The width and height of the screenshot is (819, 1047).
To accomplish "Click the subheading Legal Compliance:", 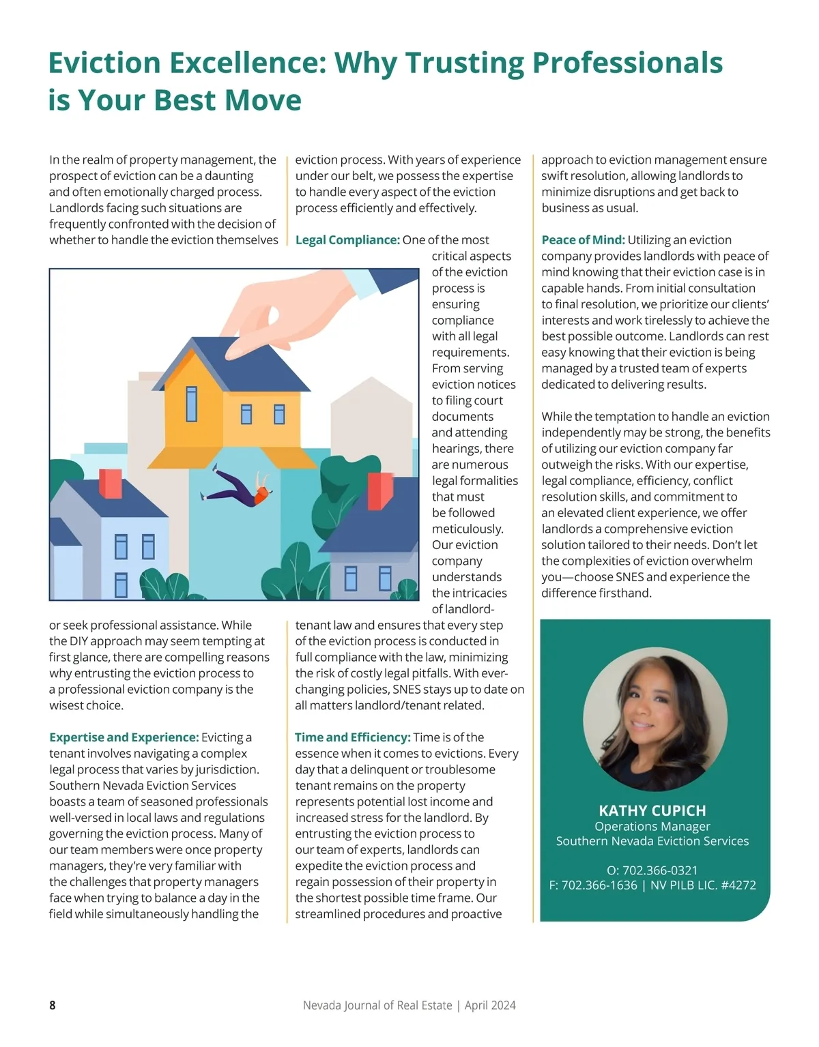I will (347, 240).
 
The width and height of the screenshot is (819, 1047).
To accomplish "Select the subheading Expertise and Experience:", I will (124, 737).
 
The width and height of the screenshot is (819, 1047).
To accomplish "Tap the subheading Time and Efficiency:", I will (352, 737).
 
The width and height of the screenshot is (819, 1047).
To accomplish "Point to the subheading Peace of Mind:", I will (583, 240).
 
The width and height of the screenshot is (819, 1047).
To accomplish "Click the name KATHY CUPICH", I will (652, 811).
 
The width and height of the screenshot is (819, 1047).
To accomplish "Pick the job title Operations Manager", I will (652, 827).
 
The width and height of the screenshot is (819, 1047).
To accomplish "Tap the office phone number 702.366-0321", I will (660, 870).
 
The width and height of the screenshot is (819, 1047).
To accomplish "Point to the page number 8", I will (53, 1005).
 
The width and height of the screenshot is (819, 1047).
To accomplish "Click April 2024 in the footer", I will (490, 1005).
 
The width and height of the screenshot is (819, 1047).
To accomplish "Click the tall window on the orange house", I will (192, 404).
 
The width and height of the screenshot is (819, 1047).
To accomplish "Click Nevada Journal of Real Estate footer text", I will (377, 1005).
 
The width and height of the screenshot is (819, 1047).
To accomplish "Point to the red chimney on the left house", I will (111, 484).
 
